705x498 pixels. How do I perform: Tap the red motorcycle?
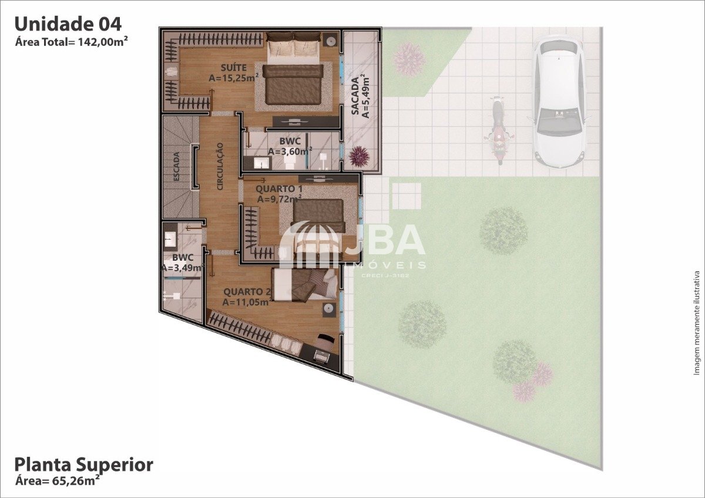(499, 130)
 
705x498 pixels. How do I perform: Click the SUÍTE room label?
(234, 68)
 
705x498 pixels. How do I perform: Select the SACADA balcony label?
(355, 96)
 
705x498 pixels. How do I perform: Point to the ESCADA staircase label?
(177, 166)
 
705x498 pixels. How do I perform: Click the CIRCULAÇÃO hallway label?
(220, 166)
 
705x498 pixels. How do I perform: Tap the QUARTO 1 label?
(279, 189)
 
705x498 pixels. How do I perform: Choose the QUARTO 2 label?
(247, 292)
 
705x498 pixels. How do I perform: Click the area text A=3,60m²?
(290, 151)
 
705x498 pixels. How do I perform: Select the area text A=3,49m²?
(182, 268)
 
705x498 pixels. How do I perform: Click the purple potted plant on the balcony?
(359, 157)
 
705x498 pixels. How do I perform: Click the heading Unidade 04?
(68, 24)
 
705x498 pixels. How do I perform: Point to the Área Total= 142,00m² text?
(72, 42)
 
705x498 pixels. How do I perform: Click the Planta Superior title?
(83, 465)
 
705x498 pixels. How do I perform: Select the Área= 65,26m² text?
(58, 481)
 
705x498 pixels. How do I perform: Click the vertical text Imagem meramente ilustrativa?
(697, 323)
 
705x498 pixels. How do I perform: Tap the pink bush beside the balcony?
(409, 60)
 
